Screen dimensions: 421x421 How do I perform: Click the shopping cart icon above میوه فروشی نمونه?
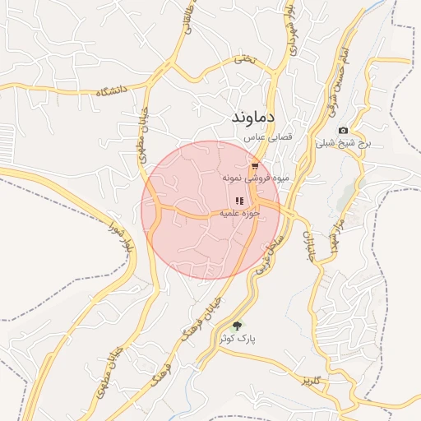tap(255, 166)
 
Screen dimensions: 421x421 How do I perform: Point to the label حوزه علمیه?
tap(239, 213)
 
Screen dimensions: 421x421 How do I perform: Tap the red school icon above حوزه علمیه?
tap(239, 201)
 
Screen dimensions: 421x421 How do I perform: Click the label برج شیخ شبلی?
tap(344, 142)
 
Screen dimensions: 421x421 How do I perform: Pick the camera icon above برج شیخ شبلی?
tap(343, 130)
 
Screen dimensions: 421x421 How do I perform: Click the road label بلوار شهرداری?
tap(290, 29)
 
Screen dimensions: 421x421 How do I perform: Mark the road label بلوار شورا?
tap(118, 237)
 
